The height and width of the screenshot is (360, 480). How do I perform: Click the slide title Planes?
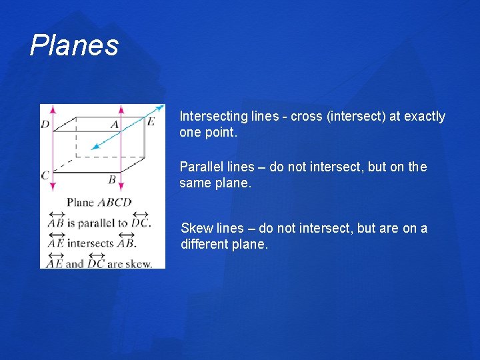(74, 45)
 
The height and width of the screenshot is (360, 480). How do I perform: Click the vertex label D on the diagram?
(45, 125)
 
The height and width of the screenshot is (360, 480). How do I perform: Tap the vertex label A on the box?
(114, 125)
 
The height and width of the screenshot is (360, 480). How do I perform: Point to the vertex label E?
(150, 121)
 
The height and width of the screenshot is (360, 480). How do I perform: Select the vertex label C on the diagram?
(45, 175)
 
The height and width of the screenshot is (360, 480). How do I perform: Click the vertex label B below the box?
(111, 179)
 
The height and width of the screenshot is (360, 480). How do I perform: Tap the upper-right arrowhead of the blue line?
(161, 107)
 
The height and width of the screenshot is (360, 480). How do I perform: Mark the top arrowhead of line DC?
(53, 108)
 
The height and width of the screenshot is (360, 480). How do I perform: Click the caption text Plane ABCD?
(99, 202)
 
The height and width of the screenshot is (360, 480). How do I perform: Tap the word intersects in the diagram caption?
(91, 243)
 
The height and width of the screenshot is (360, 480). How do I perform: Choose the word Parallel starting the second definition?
(201, 167)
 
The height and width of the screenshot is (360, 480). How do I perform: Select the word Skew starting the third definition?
(195, 228)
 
